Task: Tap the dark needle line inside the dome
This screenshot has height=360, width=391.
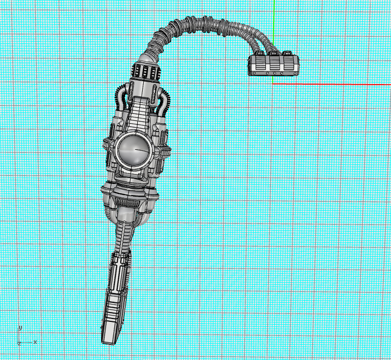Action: (x=141, y=150)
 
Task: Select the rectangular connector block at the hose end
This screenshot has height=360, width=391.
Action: (x=274, y=65)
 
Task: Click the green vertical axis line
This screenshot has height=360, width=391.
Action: (x=274, y=20)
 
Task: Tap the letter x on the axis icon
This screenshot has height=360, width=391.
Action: (x=35, y=341)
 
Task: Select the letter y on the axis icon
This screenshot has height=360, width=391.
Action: (x=20, y=327)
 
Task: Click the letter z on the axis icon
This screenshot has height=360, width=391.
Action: (x=18, y=344)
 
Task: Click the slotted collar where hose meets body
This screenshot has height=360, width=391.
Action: (x=146, y=71)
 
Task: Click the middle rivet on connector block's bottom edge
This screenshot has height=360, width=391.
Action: (x=275, y=73)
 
